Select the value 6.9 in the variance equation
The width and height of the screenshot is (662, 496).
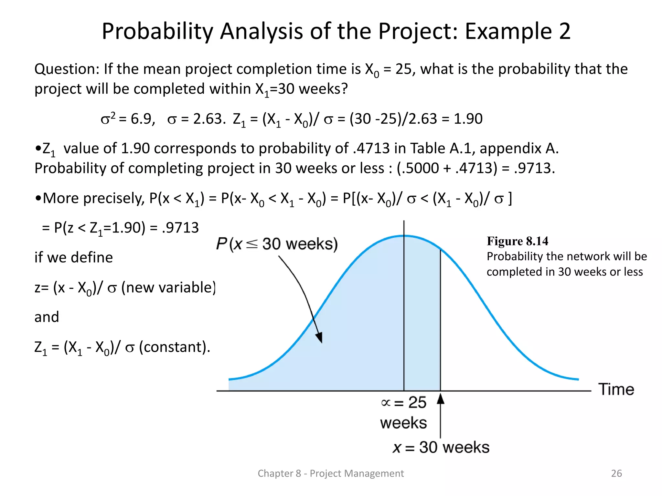coord(141,119)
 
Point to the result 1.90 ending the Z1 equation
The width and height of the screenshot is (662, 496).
coord(468,119)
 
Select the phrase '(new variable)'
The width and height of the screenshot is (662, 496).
coord(168,287)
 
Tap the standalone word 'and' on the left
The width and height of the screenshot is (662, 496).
coord(47,317)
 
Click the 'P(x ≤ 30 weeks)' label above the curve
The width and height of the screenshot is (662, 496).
coord(277,244)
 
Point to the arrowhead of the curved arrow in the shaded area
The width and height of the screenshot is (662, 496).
coord(320,338)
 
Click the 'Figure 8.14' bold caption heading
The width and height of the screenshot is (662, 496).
coord(517,241)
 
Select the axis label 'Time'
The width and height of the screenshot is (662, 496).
coord(616,389)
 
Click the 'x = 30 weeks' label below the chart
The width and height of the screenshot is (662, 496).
coord(441,448)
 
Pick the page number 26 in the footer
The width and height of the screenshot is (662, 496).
coord(616,473)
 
